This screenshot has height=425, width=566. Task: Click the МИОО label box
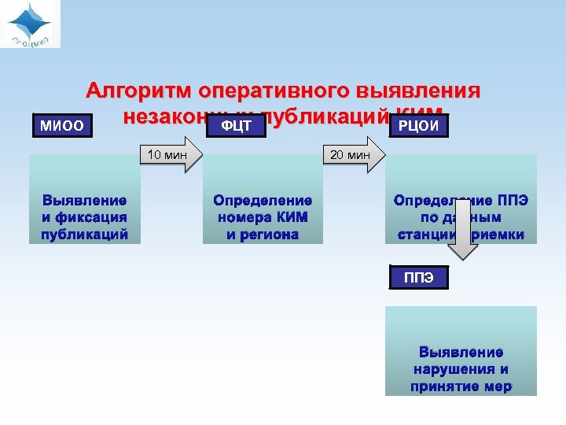(x=62, y=126)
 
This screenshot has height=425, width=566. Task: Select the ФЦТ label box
(x=237, y=126)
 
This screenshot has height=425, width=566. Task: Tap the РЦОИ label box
(x=418, y=126)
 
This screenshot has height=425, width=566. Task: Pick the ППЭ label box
(x=418, y=278)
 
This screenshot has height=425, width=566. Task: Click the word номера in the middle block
(x=241, y=217)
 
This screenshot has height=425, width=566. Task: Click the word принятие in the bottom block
(x=445, y=386)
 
